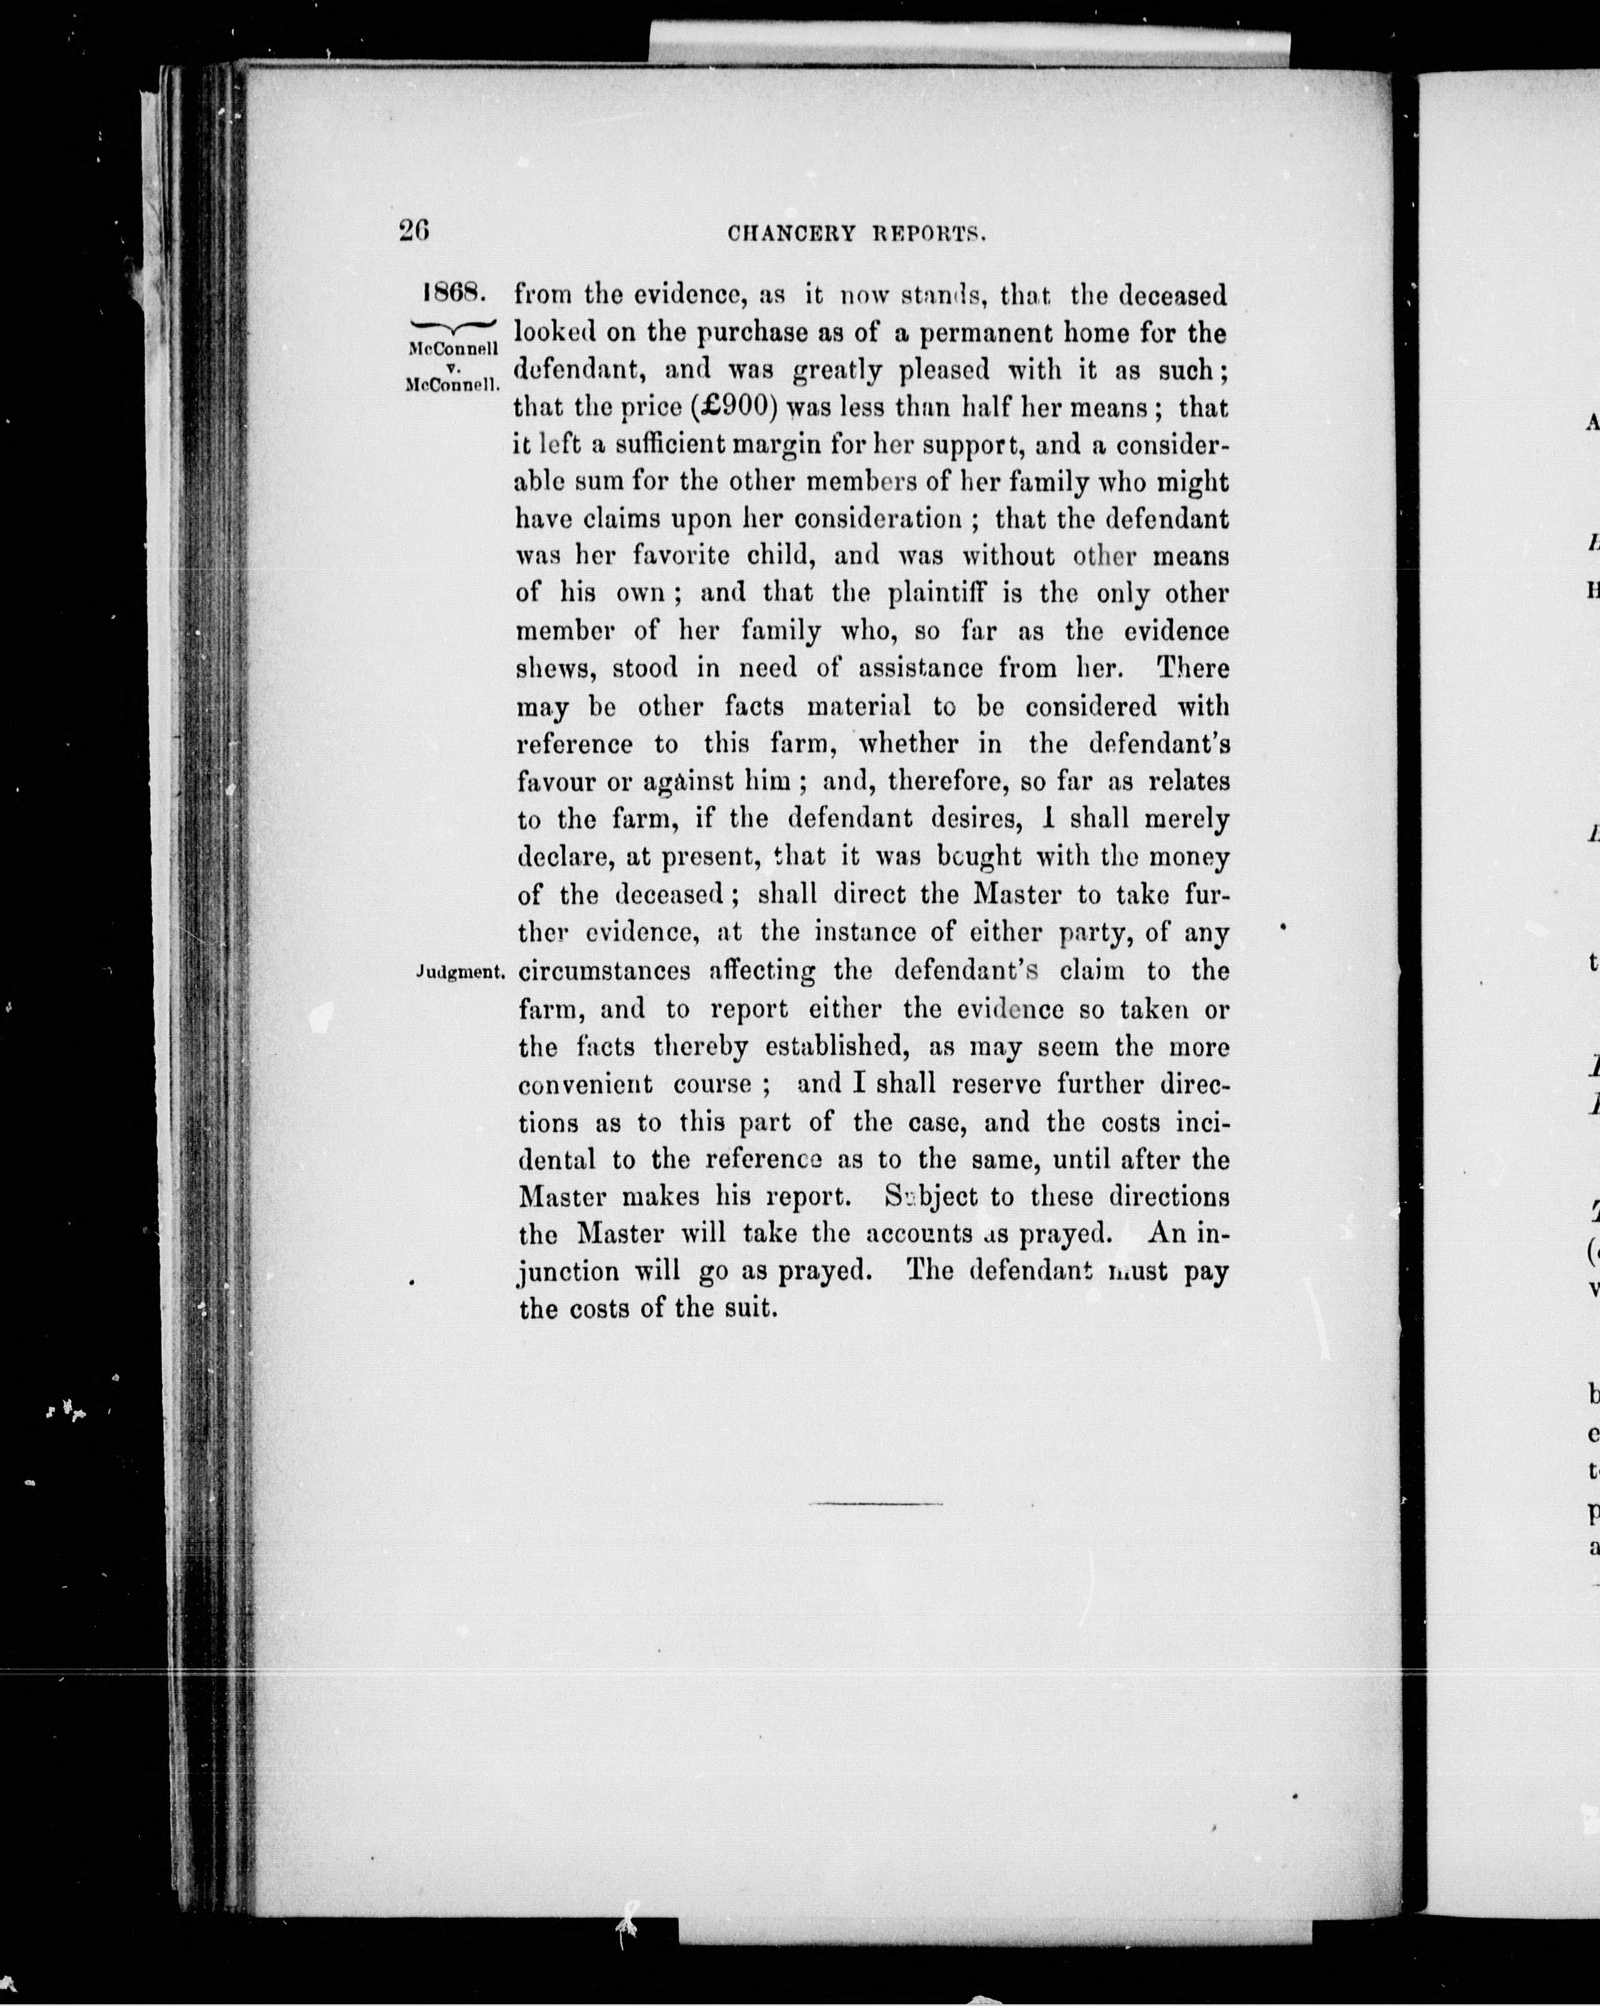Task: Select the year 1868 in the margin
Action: coord(454,293)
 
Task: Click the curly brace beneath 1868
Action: coord(454,325)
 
